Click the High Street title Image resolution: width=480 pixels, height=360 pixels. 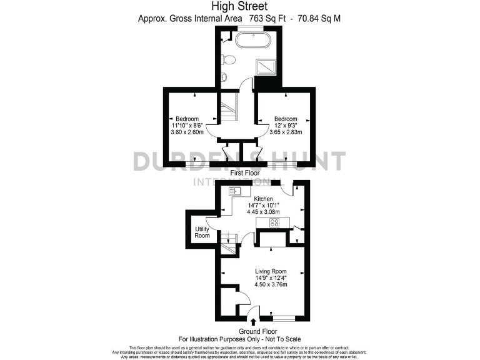[x=240, y=7]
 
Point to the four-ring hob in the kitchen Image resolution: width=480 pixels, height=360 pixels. [x=274, y=222]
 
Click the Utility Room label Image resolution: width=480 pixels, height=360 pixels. [x=202, y=233]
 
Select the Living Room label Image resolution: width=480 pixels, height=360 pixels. [x=271, y=271]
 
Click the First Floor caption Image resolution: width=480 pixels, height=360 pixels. [x=245, y=172]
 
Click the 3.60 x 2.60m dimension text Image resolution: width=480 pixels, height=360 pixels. [x=187, y=132]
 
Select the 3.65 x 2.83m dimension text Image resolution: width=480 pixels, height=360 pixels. [x=286, y=132]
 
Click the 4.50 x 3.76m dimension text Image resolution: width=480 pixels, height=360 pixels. [x=271, y=284]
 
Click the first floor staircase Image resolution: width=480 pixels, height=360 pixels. [x=230, y=112]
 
